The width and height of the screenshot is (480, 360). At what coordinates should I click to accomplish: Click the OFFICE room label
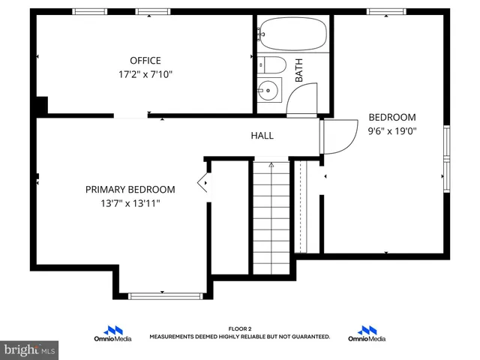pos(145,61)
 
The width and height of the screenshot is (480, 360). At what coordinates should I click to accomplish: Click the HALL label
pos(262,136)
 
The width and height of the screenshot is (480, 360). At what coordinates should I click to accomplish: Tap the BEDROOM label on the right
pos(391,117)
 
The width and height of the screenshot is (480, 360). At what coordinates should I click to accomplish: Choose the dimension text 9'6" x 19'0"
pos(391,130)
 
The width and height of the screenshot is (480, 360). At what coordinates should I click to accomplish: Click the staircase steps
pos(271,217)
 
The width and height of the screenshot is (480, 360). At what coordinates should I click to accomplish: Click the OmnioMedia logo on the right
pos(367,334)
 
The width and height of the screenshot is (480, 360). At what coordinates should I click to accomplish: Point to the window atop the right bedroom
pos(387,11)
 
